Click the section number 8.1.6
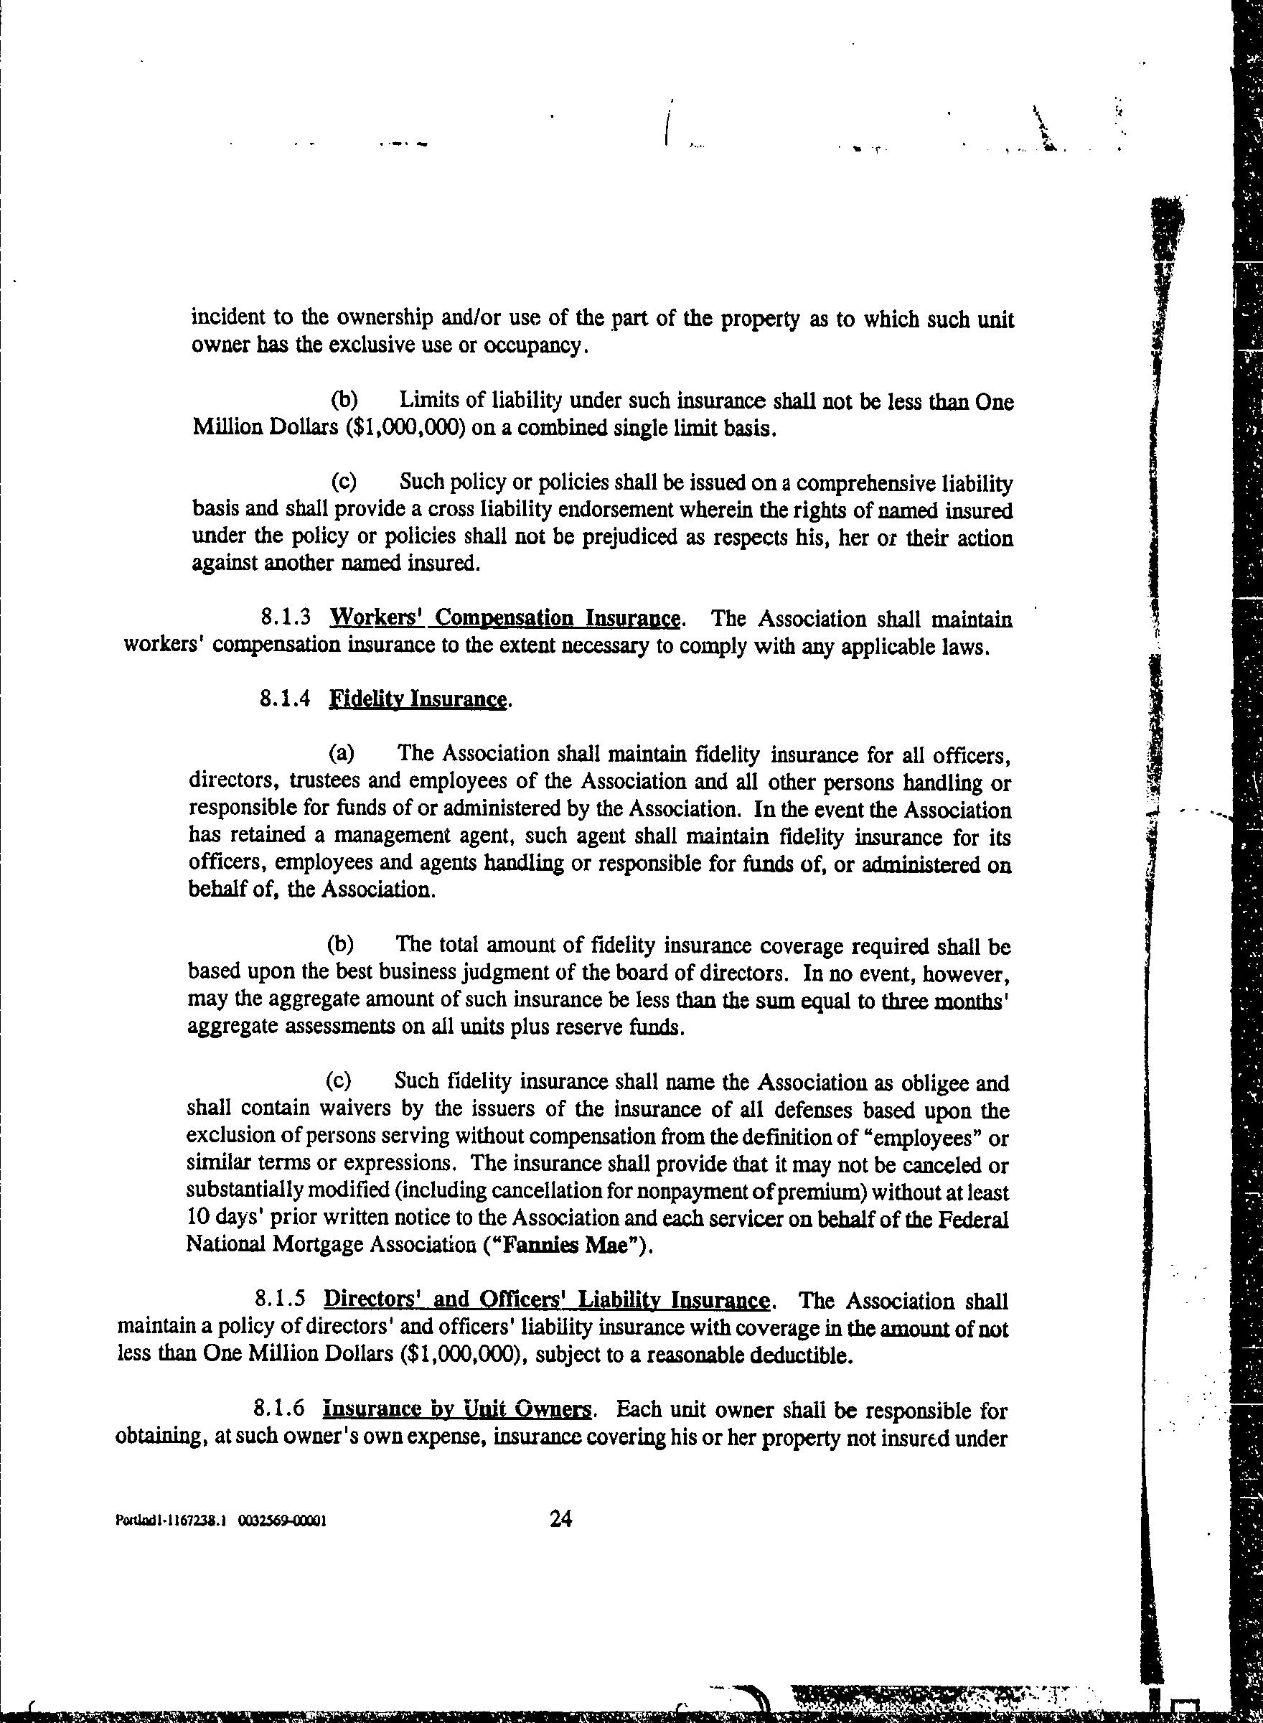point(279,1409)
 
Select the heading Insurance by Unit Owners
point(457,1409)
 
